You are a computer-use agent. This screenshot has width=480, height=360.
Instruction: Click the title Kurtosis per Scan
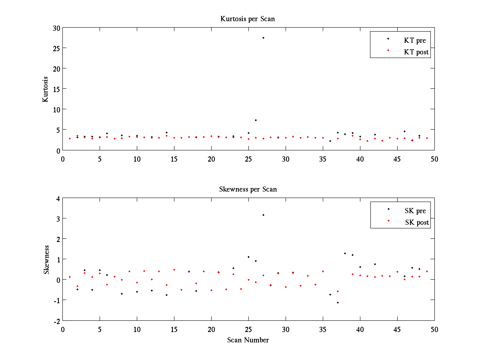pyautogui.click(x=248, y=19)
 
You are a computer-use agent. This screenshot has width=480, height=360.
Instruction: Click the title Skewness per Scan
pyautogui.click(x=248, y=189)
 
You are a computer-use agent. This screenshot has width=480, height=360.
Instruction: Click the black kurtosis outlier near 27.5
pyautogui.click(x=263, y=38)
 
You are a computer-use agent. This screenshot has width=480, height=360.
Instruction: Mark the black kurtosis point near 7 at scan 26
pyautogui.click(x=256, y=120)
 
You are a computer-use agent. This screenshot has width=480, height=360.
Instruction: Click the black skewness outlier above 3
pyautogui.click(x=263, y=215)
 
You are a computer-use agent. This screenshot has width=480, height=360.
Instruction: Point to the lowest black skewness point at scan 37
pyautogui.click(x=338, y=302)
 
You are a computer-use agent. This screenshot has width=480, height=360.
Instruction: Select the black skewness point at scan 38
pyautogui.click(x=345, y=253)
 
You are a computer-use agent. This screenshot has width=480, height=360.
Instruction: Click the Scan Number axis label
pyautogui.click(x=248, y=340)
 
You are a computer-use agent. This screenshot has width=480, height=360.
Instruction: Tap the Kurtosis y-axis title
pyautogui.click(x=46, y=89)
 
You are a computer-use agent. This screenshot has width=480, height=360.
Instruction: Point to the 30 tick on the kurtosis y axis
pyautogui.click(x=56, y=28)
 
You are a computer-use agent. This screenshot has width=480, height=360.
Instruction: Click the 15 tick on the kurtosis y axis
pyautogui.click(x=56, y=89)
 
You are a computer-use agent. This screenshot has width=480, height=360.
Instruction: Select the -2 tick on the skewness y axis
pyautogui.click(x=57, y=321)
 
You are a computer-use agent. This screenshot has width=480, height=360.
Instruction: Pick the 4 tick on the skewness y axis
pyautogui.click(x=58, y=198)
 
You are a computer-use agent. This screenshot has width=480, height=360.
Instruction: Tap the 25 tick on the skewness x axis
pyautogui.click(x=248, y=329)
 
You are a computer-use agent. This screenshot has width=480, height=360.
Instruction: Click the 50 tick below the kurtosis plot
pyautogui.click(x=434, y=159)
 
